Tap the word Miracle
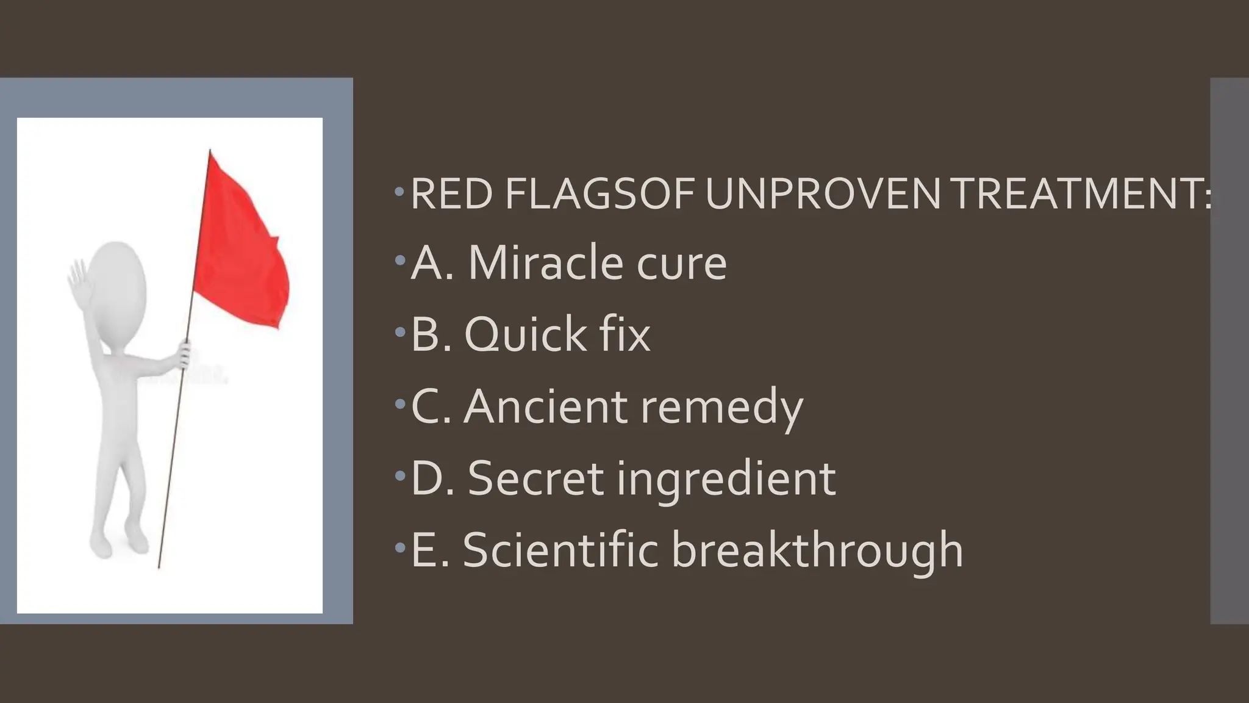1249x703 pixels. pos(545,264)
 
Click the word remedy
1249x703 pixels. pos(722,408)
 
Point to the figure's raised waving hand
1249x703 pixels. pos(78,278)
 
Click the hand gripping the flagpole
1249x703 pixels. pos(184,354)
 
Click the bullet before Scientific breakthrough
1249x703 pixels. pos(399,547)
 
